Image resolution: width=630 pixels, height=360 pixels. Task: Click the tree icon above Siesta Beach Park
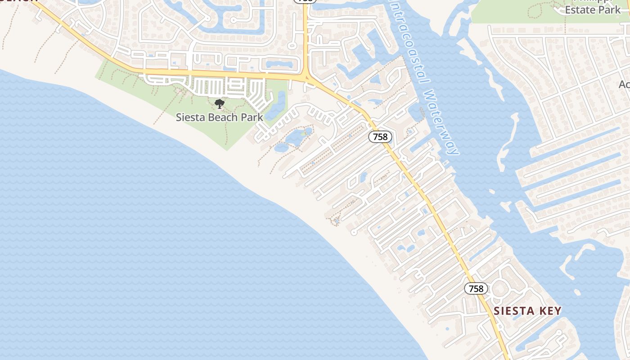[220, 104]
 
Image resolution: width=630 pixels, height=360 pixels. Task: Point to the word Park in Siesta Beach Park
[252, 117]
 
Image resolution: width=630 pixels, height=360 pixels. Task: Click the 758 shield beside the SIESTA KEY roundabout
[476, 288]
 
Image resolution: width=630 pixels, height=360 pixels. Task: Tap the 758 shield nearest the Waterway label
[381, 137]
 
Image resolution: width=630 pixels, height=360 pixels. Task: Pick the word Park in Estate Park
[611, 10]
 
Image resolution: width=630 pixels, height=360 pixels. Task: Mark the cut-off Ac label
[625, 84]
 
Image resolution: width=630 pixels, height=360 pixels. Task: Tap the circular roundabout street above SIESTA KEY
[499, 288]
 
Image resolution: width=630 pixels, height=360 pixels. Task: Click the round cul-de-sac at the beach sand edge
[354, 232]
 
